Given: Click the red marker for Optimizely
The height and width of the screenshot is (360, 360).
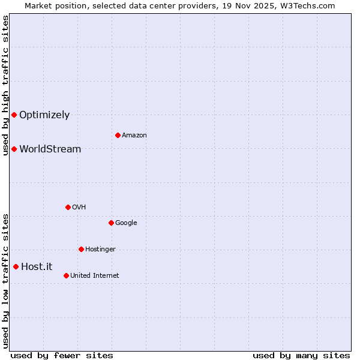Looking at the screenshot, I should (x=14, y=115).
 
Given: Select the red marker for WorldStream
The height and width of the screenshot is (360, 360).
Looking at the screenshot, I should (x=14, y=149).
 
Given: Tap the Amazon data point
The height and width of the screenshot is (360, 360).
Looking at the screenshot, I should (x=118, y=135).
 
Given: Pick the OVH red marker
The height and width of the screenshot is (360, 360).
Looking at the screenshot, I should (x=68, y=207).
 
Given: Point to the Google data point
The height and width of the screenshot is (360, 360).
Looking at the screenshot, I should (x=111, y=223).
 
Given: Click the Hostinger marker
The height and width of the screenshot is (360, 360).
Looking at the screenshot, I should (x=81, y=249).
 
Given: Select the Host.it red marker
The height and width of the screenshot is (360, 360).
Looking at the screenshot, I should (x=16, y=266).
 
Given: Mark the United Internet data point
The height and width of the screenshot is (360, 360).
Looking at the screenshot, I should (x=66, y=275).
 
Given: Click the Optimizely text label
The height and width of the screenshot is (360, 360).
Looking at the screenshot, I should (x=44, y=115).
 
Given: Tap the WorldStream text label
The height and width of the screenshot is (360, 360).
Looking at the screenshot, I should (x=50, y=149).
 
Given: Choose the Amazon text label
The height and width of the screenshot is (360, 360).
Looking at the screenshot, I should (x=134, y=136).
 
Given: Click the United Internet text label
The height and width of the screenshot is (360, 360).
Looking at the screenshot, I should (x=94, y=276).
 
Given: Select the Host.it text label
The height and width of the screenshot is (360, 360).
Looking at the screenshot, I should (x=37, y=267).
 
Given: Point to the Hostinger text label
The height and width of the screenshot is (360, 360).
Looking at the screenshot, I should (x=100, y=250).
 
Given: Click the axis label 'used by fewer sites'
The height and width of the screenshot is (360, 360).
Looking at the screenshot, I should (x=62, y=355).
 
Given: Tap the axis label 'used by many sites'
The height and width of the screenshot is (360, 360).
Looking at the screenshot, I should (x=301, y=355).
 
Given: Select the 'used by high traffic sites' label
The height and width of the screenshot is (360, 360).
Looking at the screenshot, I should (x=5, y=85).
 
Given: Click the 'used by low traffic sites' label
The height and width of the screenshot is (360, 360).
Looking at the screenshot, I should (x=5, y=280).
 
